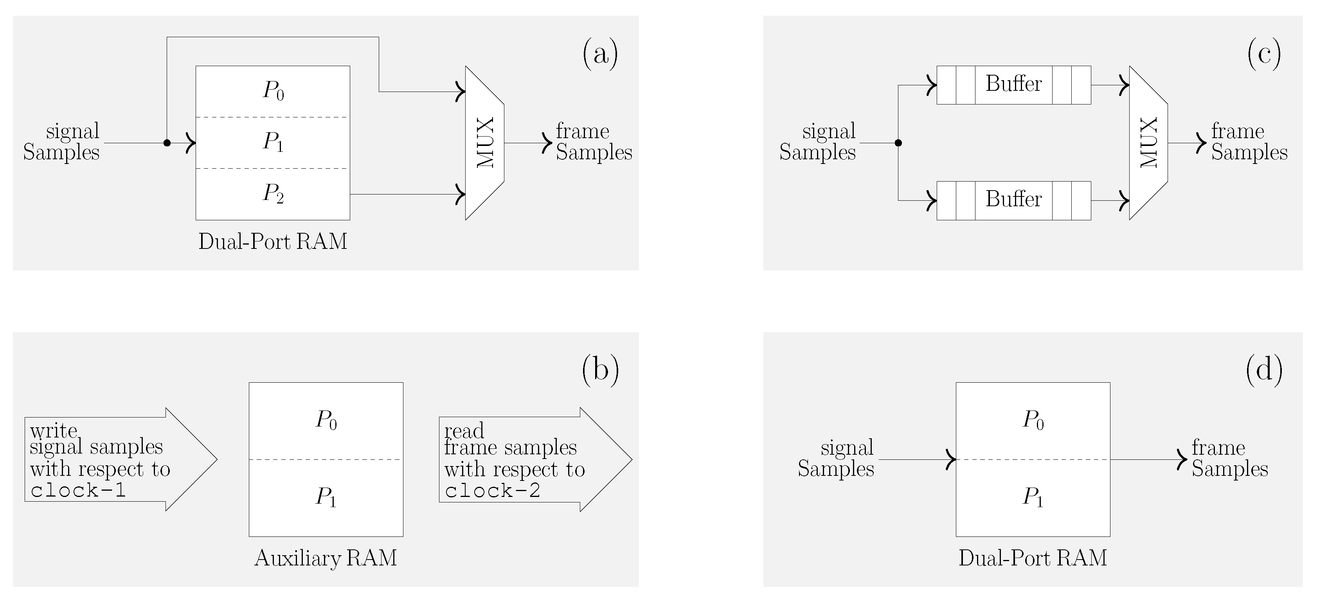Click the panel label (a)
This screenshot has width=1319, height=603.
point(600,54)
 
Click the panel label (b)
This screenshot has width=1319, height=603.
point(600,369)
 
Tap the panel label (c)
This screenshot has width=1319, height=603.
point(1264,54)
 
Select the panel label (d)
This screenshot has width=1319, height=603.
point(1264,369)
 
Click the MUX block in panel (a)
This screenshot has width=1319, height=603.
point(485,143)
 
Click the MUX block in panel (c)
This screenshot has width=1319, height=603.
point(1148,143)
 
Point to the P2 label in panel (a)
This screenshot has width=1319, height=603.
point(273,193)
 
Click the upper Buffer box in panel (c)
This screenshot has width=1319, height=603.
point(1013,85)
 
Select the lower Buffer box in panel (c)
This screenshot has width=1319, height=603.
point(1013,200)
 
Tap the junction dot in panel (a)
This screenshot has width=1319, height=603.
point(167,143)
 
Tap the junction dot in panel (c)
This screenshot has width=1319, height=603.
point(898,143)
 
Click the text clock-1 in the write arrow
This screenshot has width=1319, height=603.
point(78,490)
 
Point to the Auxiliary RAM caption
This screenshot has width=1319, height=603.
point(326,558)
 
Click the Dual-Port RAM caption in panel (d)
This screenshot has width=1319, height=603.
point(1033,558)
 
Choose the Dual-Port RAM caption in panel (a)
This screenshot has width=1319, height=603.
point(273,241)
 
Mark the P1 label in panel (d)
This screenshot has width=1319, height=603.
point(1033,497)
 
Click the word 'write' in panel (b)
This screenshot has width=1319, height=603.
point(54,431)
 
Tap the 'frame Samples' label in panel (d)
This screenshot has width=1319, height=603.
point(1229,458)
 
